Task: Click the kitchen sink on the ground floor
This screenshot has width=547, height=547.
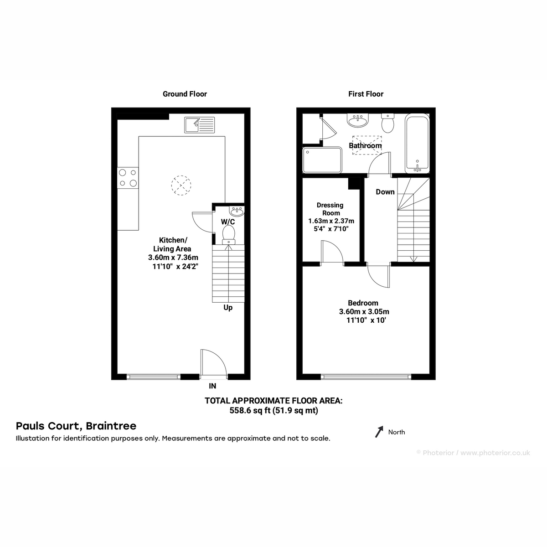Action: tap(199, 125)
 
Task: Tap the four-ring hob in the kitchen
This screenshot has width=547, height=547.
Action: tap(128, 178)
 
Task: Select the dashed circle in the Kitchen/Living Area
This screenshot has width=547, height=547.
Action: tap(181, 186)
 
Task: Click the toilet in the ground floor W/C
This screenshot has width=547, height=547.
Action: tap(228, 234)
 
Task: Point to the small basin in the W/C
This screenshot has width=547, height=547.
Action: tap(237, 211)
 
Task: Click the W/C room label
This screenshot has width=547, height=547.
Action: tap(228, 222)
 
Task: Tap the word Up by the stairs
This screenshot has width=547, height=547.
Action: tap(228, 308)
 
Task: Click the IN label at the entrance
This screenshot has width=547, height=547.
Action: tap(212, 386)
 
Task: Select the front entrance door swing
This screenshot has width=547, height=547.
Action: tap(213, 364)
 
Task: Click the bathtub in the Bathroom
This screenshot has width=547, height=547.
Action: tap(417, 143)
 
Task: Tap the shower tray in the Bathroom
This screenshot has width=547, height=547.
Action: tap(322, 160)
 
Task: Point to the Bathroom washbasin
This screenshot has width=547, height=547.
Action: tap(358, 121)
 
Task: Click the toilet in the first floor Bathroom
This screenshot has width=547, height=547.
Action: tap(387, 123)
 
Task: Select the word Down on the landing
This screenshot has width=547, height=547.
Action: tap(385, 192)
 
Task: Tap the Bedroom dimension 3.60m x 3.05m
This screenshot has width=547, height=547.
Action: tap(364, 311)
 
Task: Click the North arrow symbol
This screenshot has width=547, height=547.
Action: tap(379, 432)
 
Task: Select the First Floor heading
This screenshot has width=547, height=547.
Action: tap(366, 94)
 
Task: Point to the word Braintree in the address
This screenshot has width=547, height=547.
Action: tap(111, 426)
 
